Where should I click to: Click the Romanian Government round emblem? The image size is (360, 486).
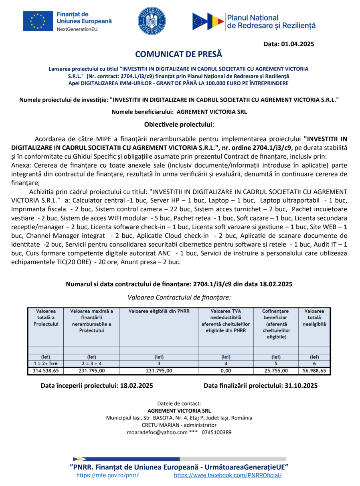pyautogui.click(x=152, y=21)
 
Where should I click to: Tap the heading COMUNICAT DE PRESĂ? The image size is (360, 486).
pyautogui.click(x=178, y=54)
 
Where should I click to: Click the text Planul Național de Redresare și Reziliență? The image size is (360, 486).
pyautogui.click(x=271, y=22)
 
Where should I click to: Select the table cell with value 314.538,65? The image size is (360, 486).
pyautogui.click(x=46, y=371)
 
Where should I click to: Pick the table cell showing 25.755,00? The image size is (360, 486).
pyautogui.click(x=276, y=371)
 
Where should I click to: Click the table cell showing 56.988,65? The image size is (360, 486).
pyautogui.click(x=315, y=371)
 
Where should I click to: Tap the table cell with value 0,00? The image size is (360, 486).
pyautogui.click(x=226, y=371)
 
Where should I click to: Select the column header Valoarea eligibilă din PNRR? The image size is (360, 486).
pyautogui.click(x=159, y=311)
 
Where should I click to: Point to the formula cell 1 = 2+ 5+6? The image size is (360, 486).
pyautogui.click(x=46, y=363)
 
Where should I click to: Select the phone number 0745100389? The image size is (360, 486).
pyautogui.click(x=216, y=432)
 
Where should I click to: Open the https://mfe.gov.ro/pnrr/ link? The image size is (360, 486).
pyautogui.click(x=107, y=475)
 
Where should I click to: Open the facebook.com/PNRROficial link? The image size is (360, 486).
pyautogui.click(x=228, y=475)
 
